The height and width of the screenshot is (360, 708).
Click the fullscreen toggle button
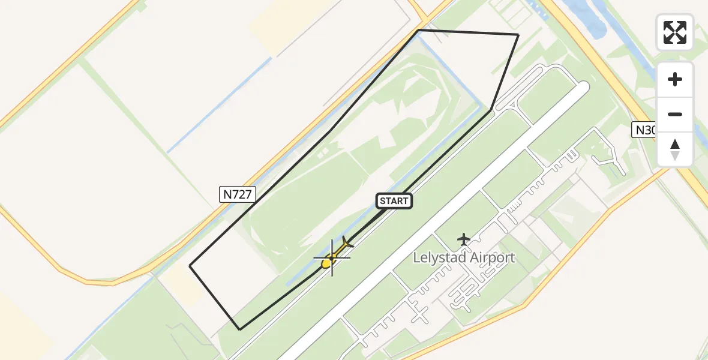pos(675,32)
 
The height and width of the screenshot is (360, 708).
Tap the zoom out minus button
pos(675,114)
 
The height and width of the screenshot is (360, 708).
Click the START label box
pos(394,201)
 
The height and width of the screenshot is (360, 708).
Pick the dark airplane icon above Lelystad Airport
pos(464,239)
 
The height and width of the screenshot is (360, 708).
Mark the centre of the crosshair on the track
pos(332,257)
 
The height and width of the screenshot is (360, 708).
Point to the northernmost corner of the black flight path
pos(419,30)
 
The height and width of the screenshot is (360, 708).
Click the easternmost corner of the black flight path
pos(518,35)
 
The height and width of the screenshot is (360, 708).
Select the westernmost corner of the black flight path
pos(190,266)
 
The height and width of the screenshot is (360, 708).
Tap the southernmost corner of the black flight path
pos(240,329)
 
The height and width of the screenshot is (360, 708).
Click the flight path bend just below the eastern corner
pos(491,110)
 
